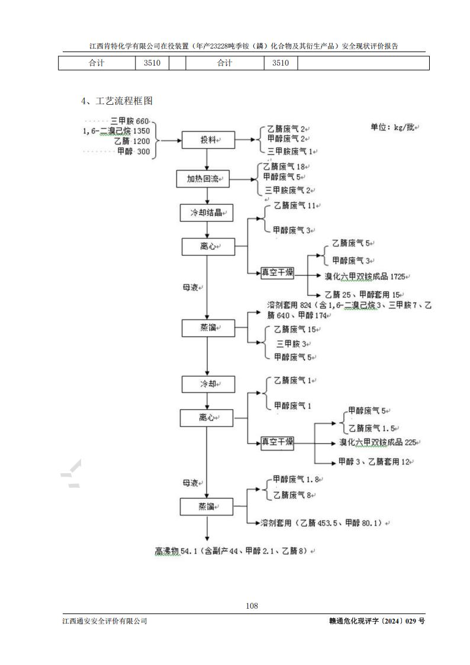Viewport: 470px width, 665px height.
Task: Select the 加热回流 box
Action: coord(203,178)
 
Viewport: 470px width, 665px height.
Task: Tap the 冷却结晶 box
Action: coord(207,213)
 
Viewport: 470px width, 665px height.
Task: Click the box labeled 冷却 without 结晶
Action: coord(207,384)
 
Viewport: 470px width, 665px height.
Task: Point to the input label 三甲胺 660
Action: coord(131,121)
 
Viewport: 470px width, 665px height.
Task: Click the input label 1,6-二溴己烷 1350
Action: coord(116,131)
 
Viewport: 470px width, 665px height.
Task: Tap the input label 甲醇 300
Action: coord(134,152)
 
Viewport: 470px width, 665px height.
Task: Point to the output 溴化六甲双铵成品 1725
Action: coord(366,277)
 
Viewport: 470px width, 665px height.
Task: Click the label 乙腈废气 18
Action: coord(285,168)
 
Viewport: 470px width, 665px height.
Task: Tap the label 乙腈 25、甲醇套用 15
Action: coord(364,294)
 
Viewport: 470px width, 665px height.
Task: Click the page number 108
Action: coord(252,605)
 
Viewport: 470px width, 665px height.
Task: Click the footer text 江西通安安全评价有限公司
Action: coord(105,621)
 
